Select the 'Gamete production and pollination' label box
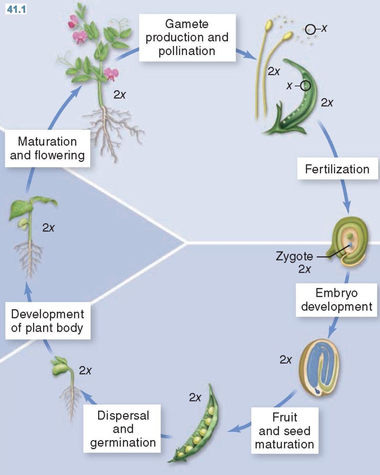187,37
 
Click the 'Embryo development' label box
337,300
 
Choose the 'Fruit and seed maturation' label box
284,430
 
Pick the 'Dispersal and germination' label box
123,429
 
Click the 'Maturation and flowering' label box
47,149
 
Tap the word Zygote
294,256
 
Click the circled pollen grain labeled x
310,29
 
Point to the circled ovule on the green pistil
306,86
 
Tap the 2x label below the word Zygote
304,269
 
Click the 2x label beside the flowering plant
119,95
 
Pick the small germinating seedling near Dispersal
67,380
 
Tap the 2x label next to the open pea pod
195,397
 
